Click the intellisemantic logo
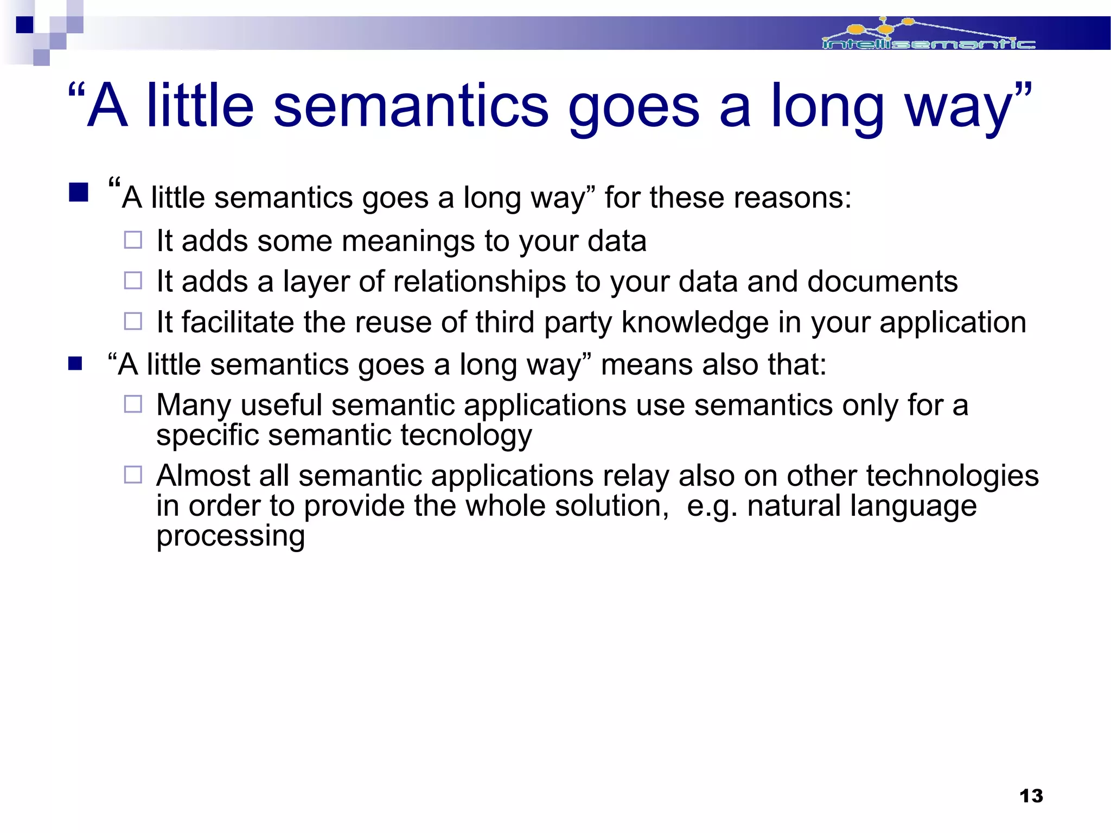coord(928,36)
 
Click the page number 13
coord(1031,796)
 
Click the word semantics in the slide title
coord(411,106)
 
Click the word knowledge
coord(694,322)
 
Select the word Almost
coord(202,476)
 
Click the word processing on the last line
coord(231,536)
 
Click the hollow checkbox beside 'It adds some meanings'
coord(133,240)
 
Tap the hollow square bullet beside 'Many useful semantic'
coord(133,404)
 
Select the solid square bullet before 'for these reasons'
coord(79,192)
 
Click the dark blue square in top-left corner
coord(24,24)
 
